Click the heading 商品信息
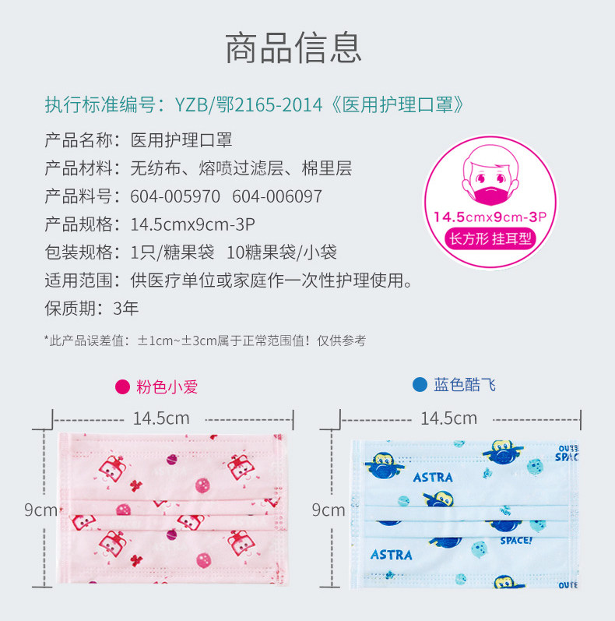(x=293, y=48)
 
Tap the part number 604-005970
(x=175, y=196)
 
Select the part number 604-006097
(x=276, y=196)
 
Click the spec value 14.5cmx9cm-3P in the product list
(x=193, y=224)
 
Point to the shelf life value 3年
(x=126, y=308)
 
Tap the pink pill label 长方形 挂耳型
(x=490, y=238)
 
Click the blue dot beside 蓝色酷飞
(x=420, y=384)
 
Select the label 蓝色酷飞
(x=465, y=384)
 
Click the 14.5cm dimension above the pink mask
(x=161, y=418)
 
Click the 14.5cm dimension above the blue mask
(x=448, y=418)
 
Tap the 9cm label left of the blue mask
(x=328, y=510)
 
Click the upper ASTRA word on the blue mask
(x=434, y=478)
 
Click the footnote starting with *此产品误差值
(x=205, y=340)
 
